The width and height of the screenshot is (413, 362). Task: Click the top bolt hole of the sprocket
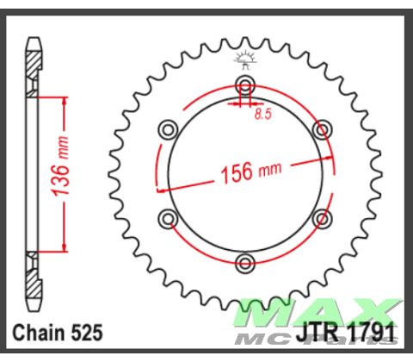click(245, 85)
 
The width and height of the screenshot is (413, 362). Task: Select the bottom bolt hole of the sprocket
click(245, 260)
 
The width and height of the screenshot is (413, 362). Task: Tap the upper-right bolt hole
click(322, 129)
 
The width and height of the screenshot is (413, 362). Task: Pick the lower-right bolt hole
click(322, 215)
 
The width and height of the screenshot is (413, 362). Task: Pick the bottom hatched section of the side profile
click(34, 280)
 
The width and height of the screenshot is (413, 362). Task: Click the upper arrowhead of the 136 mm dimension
click(63, 103)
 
